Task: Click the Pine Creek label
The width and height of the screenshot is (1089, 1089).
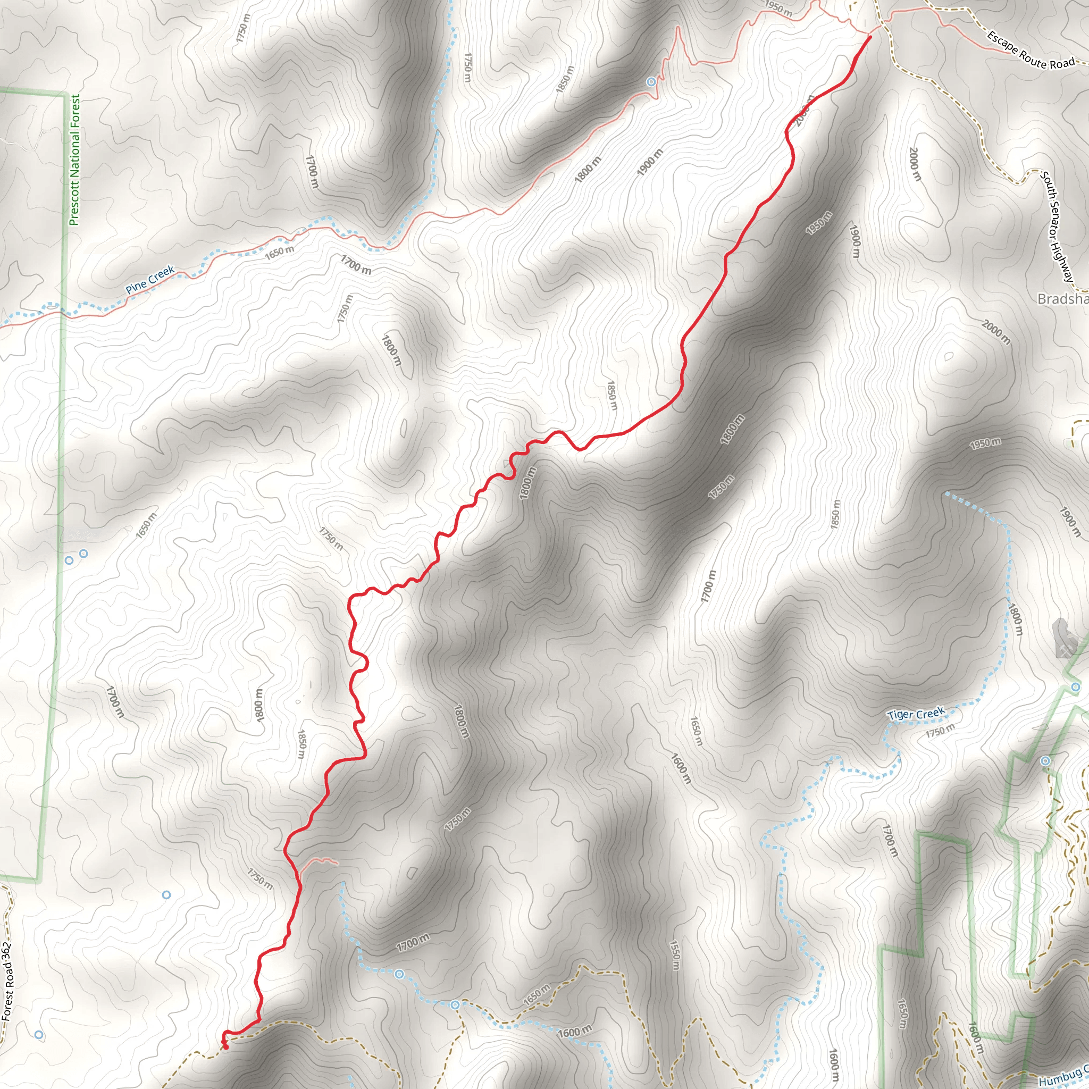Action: pos(150,280)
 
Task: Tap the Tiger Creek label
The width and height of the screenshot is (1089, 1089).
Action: pos(916,714)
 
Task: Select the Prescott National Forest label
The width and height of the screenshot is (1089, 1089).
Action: pos(75,160)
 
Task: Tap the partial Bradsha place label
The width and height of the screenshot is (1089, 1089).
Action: pos(1062,299)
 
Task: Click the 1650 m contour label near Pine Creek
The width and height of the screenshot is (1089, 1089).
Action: pos(280,253)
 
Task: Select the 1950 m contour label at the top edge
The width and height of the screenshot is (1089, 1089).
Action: pos(778,9)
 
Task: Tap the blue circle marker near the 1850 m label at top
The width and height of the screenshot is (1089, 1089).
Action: pos(651,82)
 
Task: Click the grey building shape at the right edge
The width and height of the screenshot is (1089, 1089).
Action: pos(1064,639)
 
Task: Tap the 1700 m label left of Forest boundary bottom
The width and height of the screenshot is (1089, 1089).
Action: pos(115,702)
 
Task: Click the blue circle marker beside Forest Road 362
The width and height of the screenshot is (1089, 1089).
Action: pos(39,1035)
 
